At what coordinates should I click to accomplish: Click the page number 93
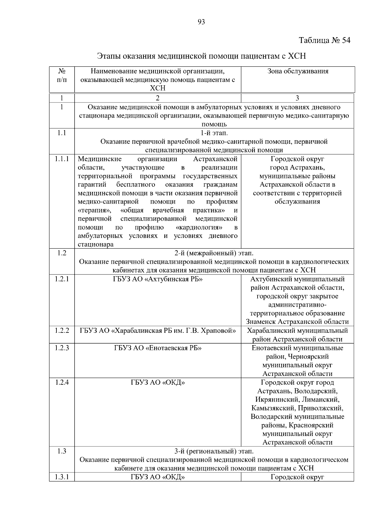tap(201, 22)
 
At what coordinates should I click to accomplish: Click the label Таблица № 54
tap(324, 41)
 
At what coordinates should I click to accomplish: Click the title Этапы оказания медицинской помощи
tap(201, 56)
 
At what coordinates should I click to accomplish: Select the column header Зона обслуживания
tap(297, 72)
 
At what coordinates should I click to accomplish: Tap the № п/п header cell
tap(62, 76)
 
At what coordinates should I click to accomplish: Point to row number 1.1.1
tap(62, 159)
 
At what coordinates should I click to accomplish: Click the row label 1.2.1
tap(62, 279)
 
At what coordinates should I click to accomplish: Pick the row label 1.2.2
tap(62, 331)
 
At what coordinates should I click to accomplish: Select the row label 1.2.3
tap(62, 348)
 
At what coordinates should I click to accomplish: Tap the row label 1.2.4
tap(62, 383)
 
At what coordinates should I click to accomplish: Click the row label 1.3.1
tap(62, 477)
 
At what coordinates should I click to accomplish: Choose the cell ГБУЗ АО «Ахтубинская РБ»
tap(158, 279)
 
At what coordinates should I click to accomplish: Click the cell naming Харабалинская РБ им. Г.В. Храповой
tap(158, 331)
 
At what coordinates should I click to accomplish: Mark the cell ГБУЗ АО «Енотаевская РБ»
tap(158, 348)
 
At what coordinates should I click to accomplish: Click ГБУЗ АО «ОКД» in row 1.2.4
tap(158, 383)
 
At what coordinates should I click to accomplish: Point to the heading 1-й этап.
tap(214, 133)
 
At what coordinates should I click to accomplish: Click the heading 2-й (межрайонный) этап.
tap(214, 253)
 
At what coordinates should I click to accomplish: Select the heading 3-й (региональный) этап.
tap(214, 451)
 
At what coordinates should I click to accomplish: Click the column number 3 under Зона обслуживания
tap(297, 98)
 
